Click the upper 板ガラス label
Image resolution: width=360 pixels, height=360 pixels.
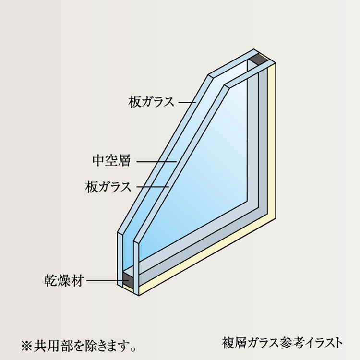(x=151, y=102)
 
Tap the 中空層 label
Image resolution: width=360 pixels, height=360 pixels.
(x=111, y=161)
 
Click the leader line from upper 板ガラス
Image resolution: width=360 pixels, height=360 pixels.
(x=187, y=102)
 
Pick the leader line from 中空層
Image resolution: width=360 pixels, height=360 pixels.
(x=156, y=161)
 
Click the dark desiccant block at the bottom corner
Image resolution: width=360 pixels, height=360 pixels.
(x=127, y=278)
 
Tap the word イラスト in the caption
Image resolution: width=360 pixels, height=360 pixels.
(x=324, y=343)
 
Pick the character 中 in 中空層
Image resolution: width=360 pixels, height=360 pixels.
(x=98, y=161)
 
